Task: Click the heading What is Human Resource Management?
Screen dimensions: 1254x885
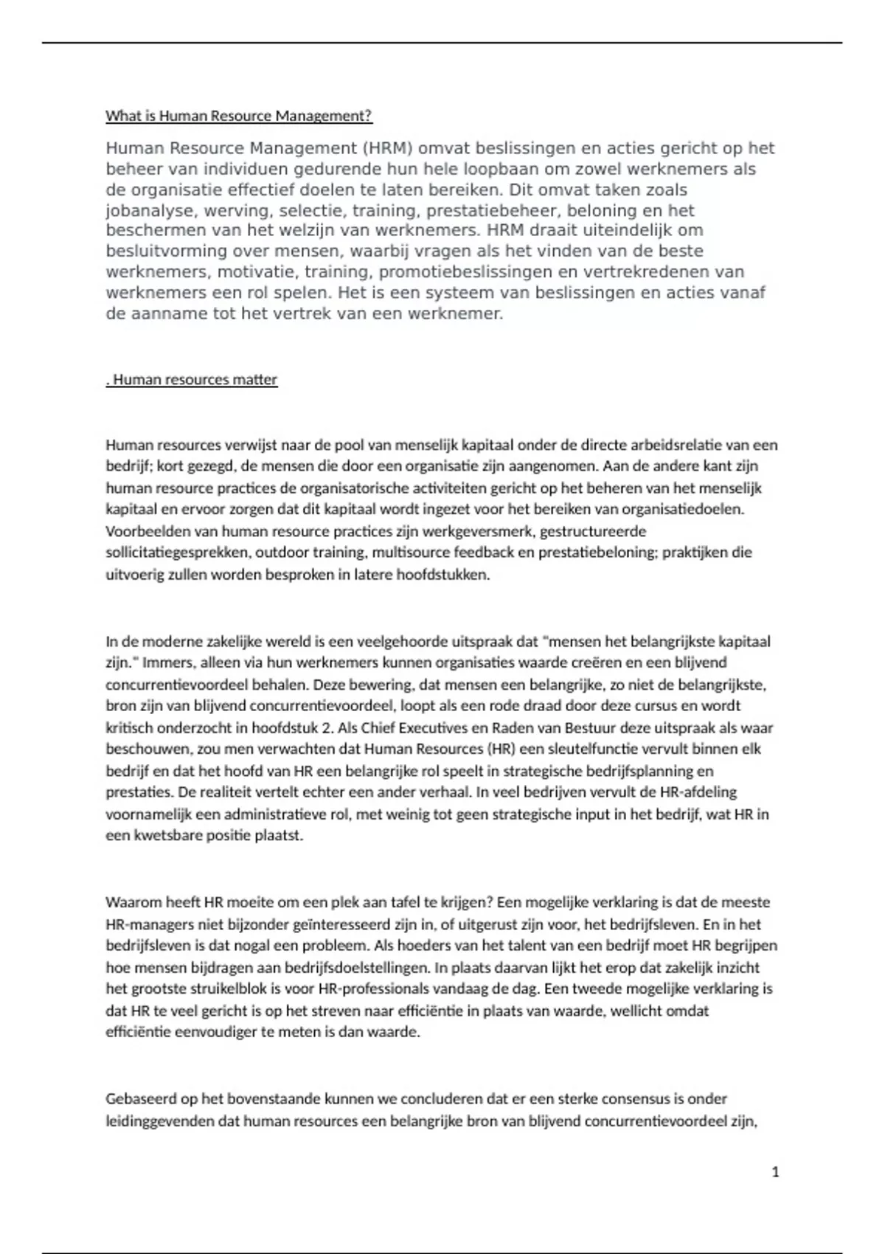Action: click(x=239, y=116)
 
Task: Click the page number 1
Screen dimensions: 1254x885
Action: click(x=775, y=1172)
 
